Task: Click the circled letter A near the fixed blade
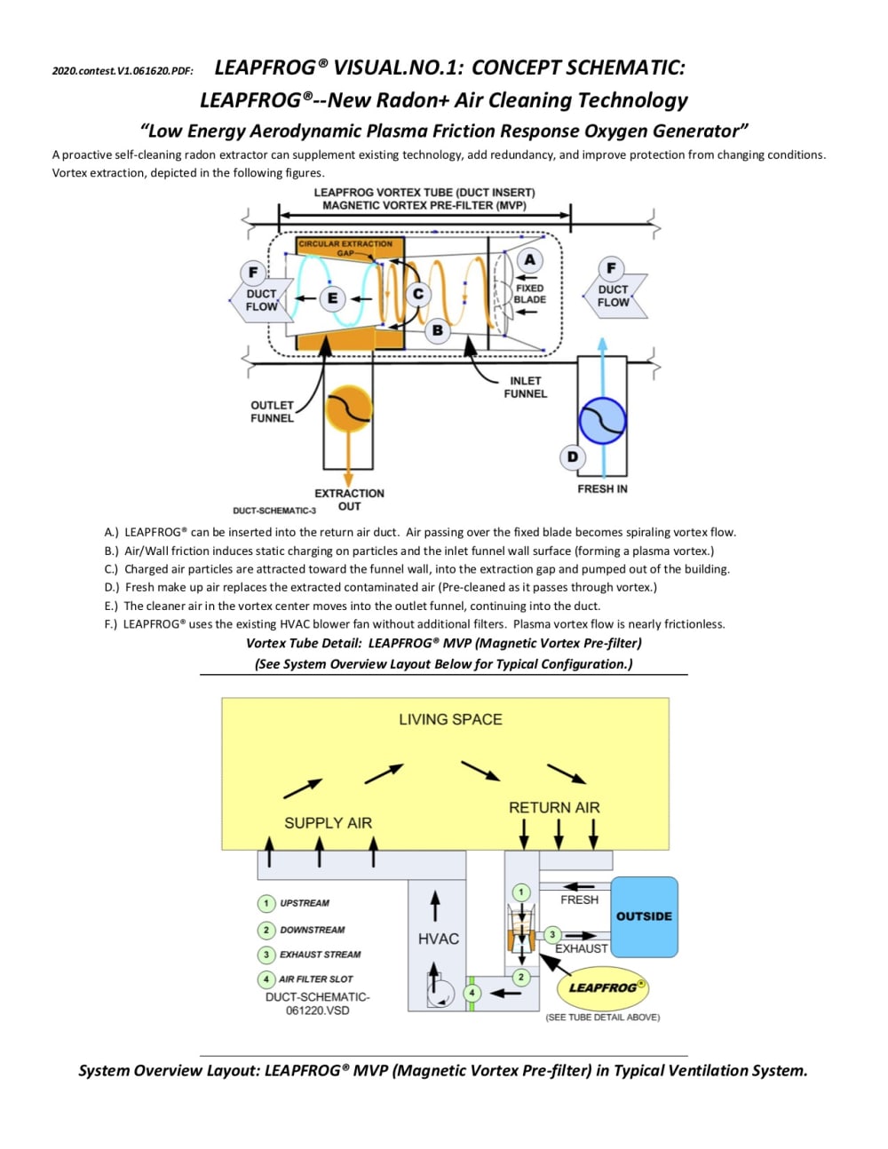(x=530, y=260)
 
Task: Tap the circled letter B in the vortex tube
(x=437, y=330)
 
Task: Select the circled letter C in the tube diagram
(x=417, y=294)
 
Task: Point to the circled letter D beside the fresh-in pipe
(x=573, y=456)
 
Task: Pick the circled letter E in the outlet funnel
(x=333, y=298)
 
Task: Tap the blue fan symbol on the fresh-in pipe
(x=602, y=421)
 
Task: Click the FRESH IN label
(x=602, y=489)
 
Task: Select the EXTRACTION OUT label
(x=349, y=500)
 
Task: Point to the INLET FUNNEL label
(x=525, y=387)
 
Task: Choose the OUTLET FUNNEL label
(x=272, y=411)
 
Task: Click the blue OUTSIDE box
(x=644, y=916)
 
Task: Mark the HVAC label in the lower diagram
(x=439, y=939)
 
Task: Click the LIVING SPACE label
(x=450, y=719)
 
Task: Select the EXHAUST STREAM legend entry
(x=320, y=955)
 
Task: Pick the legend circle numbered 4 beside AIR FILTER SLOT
(x=266, y=979)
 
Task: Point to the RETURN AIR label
(x=554, y=807)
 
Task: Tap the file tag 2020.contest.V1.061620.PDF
(x=123, y=71)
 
